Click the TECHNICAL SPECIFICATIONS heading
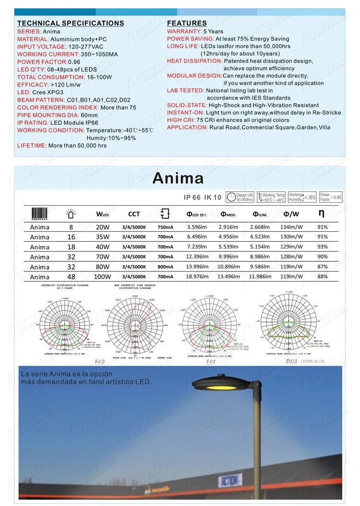[71, 23]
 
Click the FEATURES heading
[187, 23]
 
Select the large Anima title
[178, 178]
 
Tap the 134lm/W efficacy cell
[291, 227]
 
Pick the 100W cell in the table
[103, 277]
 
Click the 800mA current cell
[165, 267]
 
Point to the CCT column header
[134, 214]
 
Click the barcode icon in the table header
[39, 213]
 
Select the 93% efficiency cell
[323, 247]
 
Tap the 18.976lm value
[197, 277]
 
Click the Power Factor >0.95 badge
[331, 197]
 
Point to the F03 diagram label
[99, 361]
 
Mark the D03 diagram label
[291, 361]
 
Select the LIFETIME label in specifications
[31, 145]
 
